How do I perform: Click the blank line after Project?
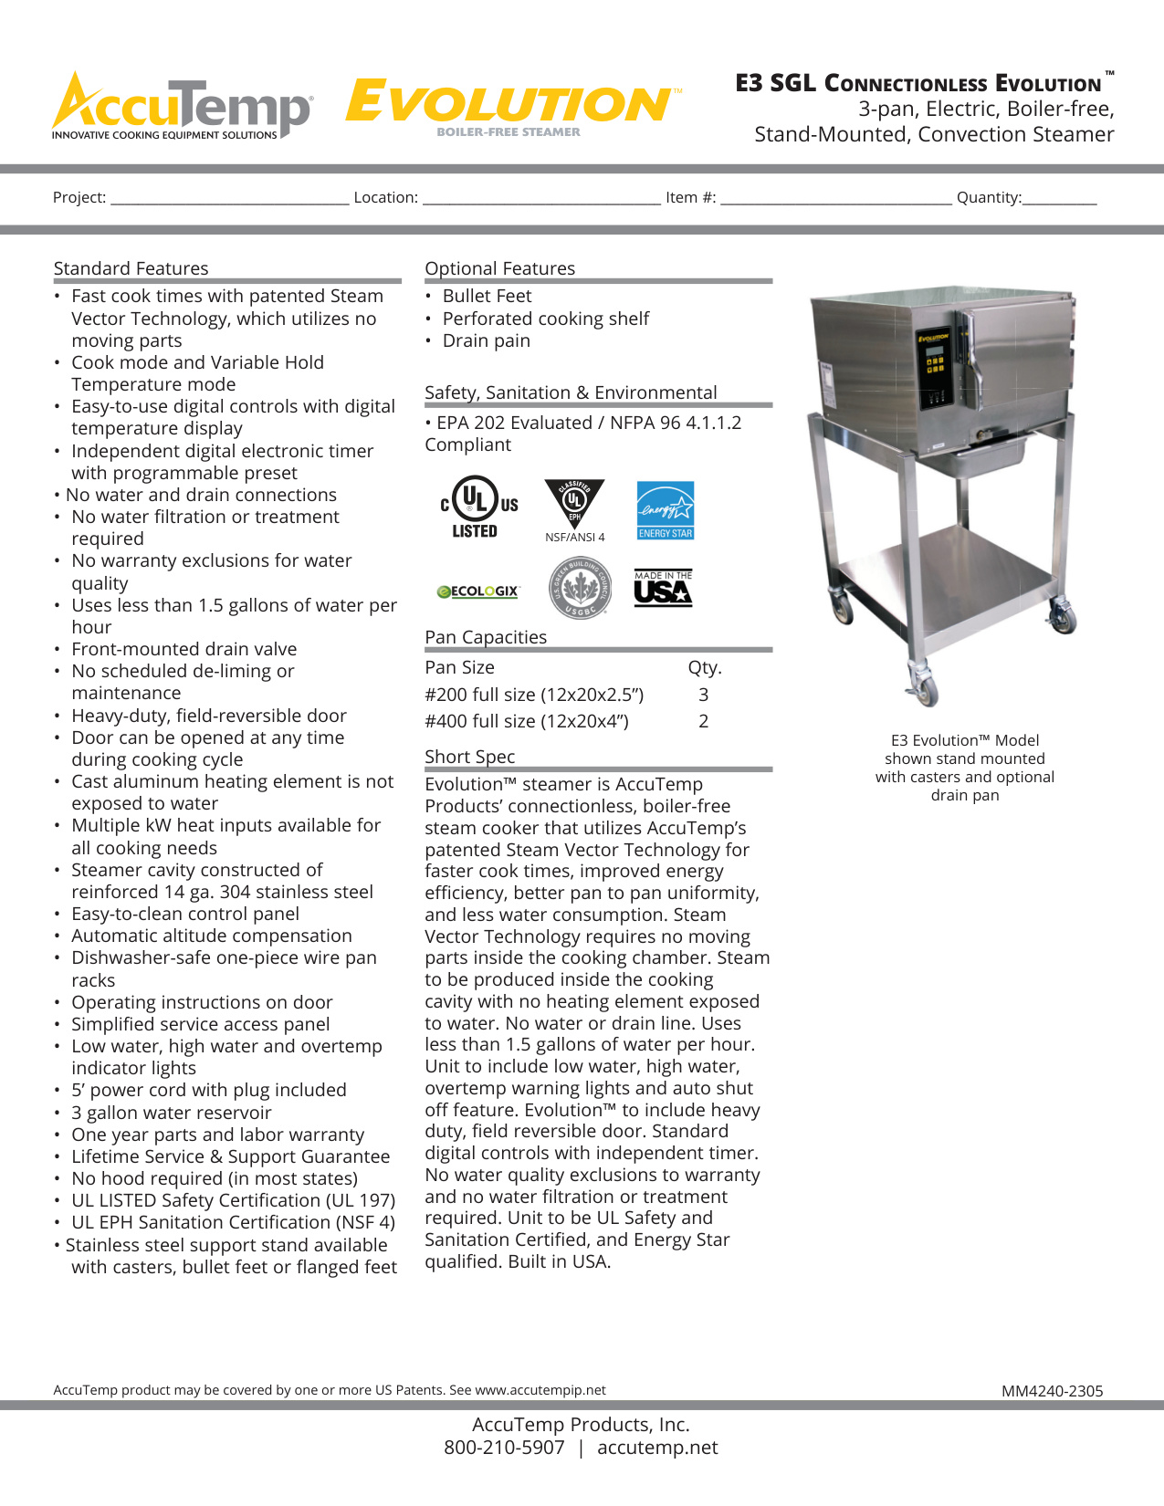coord(229,198)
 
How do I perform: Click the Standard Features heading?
coord(131,268)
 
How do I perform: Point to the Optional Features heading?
coord(499,268)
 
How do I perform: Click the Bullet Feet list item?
coord(487,296)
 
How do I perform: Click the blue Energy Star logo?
coord(665,509)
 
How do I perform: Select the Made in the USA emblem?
coord(663,589)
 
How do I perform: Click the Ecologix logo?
coord(477,591)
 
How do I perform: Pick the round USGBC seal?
coord(579,589)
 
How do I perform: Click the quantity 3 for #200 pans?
coord(703,695)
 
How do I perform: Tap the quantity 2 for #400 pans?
coord(703,721)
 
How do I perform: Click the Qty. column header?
coord(704,667)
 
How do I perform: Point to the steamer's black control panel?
coord(935,368)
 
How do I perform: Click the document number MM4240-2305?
coord(1052,1391)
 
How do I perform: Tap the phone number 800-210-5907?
coord(504,1448)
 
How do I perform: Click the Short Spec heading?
coord(469,757)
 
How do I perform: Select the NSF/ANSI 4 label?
coord(574,537)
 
